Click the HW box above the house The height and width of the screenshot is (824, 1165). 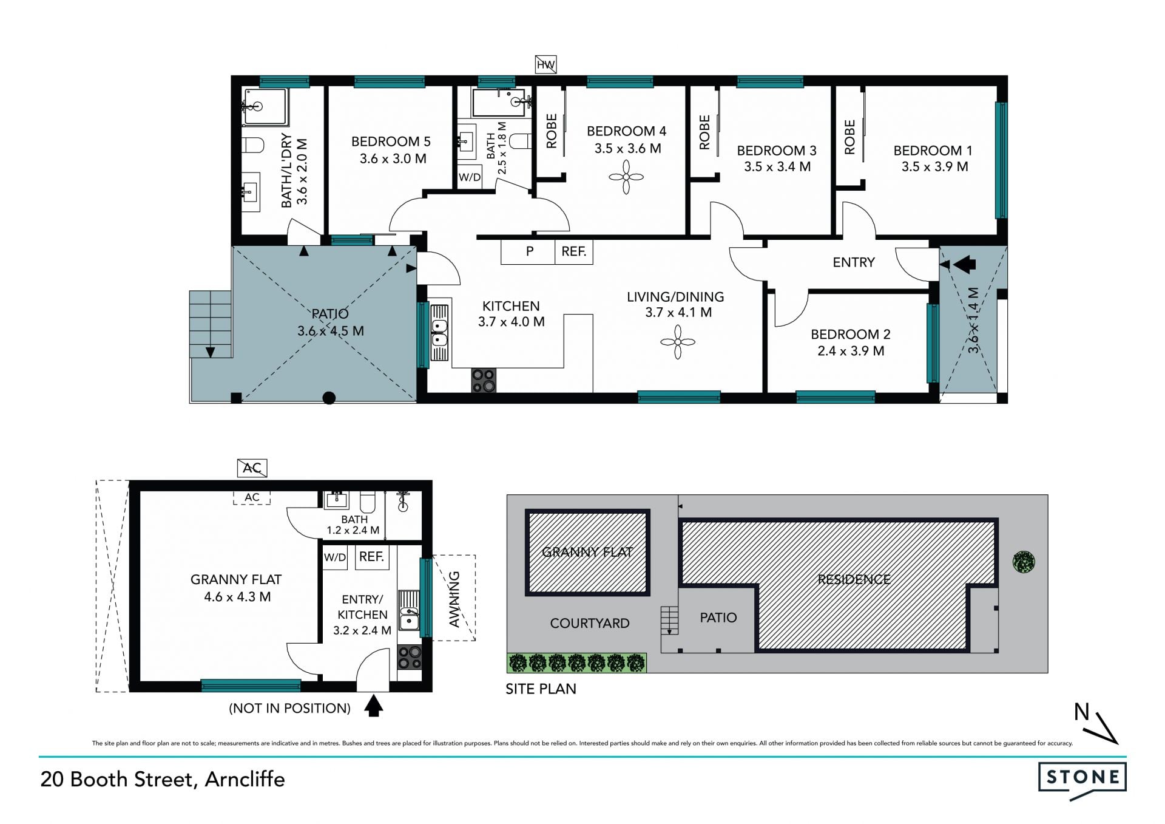point(545,64)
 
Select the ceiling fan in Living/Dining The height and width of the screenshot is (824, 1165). point(678,342)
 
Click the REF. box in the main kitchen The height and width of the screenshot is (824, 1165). point(573,251)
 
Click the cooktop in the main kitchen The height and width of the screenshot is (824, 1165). point(484,380)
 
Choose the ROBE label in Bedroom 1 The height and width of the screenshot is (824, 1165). point(849,137)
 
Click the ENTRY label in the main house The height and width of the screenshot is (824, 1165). point(854,262)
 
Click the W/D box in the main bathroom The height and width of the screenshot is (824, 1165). point(470,177)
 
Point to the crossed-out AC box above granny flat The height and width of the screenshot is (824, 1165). point(252,468)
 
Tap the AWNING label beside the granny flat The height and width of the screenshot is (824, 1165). point(454,599)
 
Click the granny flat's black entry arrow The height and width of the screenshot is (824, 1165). point(373,706)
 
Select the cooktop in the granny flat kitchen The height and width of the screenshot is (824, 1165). point(410,657)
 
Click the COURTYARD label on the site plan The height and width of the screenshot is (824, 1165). point(590,624)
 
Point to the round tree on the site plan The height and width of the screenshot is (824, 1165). point(1024,562)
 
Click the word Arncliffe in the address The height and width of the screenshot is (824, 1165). point(245,779)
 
